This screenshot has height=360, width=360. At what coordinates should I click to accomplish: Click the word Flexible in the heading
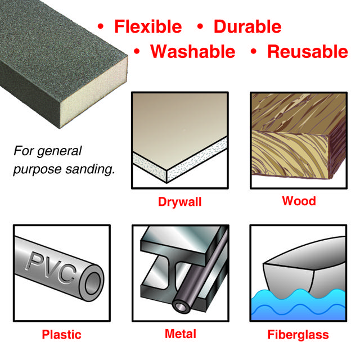148,26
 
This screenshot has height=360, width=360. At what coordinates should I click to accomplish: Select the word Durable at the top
247,26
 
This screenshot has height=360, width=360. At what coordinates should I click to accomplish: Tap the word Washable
193,52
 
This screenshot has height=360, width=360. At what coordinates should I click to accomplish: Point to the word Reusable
308,52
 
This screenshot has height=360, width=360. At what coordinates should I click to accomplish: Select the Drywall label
179,202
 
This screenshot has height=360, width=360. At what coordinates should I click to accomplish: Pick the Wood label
299,201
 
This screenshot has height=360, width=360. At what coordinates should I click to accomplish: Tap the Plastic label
61,335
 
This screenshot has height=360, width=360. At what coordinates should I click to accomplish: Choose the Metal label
181,334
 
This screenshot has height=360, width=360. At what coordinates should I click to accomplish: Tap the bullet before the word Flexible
101,26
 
